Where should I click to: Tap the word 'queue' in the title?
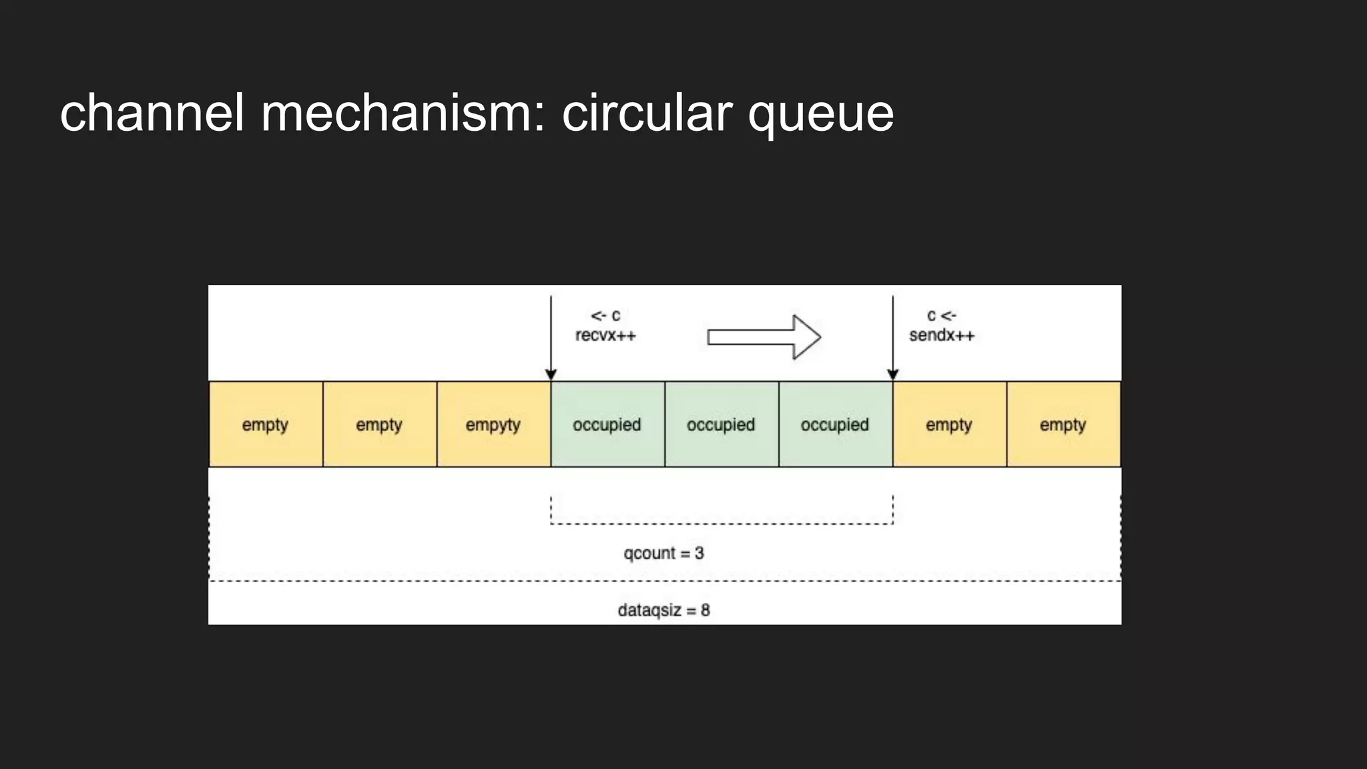pyautogui.click(x=820, y=115)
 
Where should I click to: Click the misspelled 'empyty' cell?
pyautogui.click(x=493, y=425)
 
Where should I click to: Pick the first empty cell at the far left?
pyautogui.click(x=266, y=425)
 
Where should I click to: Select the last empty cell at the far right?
pyautogui.click(x=1063, y=425)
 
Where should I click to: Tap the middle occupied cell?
pyautogui.click(x=722, y=425)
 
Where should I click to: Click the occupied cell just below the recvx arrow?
pyautogui.click(x=607, y=425)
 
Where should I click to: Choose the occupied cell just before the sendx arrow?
pyautogui.click(x=835, y=425)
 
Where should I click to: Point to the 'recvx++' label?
pyautogui.click(x=605, y=335)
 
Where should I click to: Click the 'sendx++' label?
pyautogui.click(x=941, y=335)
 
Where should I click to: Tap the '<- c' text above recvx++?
pyautogui.click(x=605, y=315)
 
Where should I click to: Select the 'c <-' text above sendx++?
pyautogui.click(x=941, y=315)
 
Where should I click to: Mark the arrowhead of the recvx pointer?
pyautogui.click(x=551, y=375)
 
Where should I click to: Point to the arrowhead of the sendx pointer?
pyautogui.click(x=893, y=375)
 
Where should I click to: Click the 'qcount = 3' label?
pyautogui.click(x=663, y=553)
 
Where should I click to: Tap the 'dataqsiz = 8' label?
pyautogui.click(x=663, y=610)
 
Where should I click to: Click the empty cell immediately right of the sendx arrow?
pyautogui.click(x=949, y=425)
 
